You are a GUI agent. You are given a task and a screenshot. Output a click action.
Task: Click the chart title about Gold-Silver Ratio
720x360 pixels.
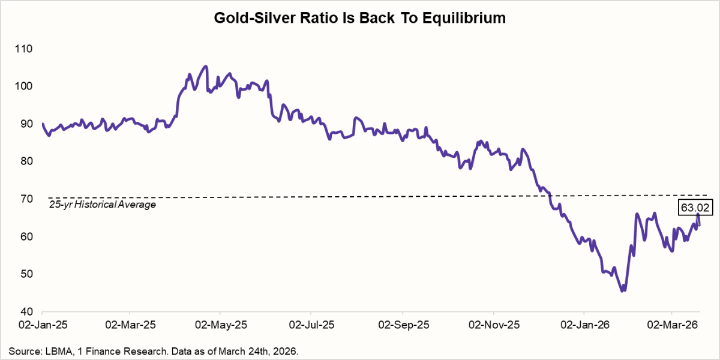point(360,19)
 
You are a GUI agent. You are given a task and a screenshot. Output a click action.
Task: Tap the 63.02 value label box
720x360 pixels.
point(693,208)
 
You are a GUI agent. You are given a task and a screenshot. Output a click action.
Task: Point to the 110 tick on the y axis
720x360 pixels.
point(26,49)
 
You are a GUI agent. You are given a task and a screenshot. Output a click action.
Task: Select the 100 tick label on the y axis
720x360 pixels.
point(26,86)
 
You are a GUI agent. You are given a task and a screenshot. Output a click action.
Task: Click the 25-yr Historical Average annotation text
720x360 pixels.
point(102,205)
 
